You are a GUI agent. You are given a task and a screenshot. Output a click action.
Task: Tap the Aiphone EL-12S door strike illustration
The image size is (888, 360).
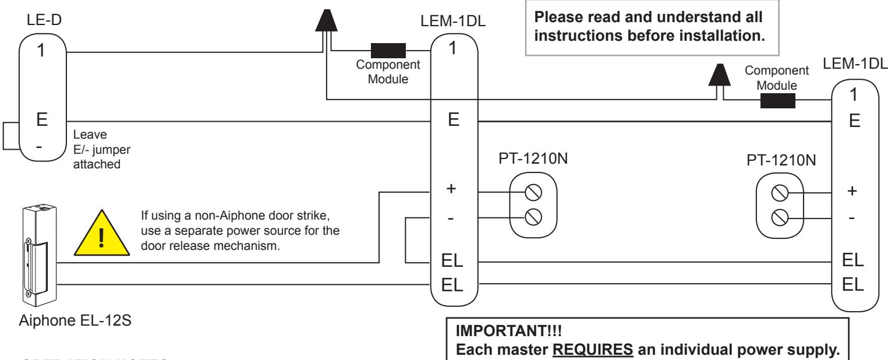[x=40, y=255]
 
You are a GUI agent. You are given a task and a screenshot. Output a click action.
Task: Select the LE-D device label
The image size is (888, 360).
[x=44, y=20]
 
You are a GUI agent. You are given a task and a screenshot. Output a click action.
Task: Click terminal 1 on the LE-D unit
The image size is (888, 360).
[x=41, y=51]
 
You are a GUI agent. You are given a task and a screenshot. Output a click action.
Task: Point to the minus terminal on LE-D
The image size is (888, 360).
[x=39, y=147]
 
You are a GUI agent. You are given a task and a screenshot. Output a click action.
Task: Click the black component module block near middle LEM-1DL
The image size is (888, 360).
[x=388, y=51]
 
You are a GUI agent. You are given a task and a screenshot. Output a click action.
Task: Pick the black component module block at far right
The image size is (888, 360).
[x=778, y=101]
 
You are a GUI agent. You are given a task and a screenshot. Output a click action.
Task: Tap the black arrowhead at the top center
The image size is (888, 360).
[x=326, y=20]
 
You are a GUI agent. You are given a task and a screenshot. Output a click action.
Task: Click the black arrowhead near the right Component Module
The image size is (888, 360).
[x=720, y=75]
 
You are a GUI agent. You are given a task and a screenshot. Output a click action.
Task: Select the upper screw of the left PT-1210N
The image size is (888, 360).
[x=533, y=193]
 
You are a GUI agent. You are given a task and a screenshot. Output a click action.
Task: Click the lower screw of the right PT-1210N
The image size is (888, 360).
[x=780, y=218]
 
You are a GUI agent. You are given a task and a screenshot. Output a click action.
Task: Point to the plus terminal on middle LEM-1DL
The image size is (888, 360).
[x=451, y=189]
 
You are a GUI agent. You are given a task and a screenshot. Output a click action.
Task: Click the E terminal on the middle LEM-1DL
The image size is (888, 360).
[x=454, y=120]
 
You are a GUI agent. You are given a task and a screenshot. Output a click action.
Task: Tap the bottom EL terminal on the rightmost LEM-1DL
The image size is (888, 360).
[x=852, y=285]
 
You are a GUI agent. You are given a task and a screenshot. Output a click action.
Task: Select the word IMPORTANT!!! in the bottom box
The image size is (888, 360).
[x=508, y=331]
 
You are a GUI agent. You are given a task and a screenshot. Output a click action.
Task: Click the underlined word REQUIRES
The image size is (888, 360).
[x=593, y=350]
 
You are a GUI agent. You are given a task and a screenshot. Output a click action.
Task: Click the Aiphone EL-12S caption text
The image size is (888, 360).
[x=75, y=320]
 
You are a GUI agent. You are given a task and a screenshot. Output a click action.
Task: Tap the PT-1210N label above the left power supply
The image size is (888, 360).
[x=533, y=158]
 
